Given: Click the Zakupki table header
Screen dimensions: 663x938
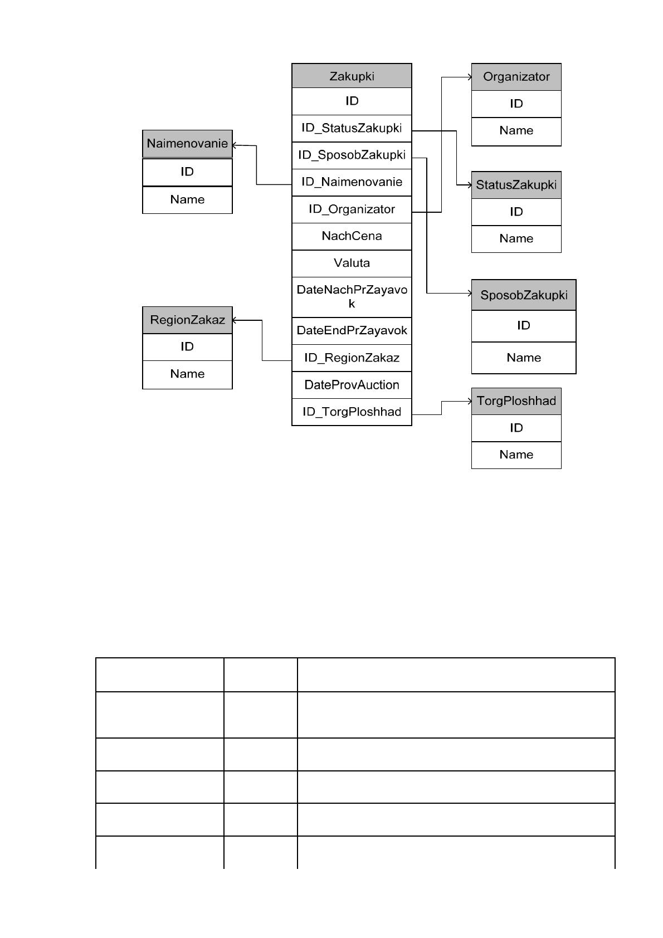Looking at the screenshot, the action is (352, 76).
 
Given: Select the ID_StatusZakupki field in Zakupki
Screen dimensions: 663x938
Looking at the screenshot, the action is (352, 128).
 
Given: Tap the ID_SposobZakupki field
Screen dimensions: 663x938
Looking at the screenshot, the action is (352, 155).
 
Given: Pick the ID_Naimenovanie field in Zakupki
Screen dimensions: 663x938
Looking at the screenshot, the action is (352, 182).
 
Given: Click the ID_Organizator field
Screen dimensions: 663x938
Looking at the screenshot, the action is (352, 209).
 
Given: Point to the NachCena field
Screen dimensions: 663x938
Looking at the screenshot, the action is (352, 236).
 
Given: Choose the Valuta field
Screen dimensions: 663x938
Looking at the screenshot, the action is (352, 263).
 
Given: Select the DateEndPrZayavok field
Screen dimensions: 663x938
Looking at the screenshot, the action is (352, 331).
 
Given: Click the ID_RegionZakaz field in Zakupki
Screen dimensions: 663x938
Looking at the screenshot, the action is (352, 358).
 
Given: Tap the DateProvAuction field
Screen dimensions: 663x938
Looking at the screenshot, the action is (352, 385).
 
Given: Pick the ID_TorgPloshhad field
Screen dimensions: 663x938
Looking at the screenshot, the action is (352, 412).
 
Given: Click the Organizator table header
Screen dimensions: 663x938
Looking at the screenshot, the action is (516, 77).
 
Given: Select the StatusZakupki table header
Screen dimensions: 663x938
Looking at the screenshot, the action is (516, 185).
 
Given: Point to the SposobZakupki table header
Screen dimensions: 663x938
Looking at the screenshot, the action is (524, 295).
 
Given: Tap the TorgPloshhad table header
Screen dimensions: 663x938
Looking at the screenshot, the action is (516, 401).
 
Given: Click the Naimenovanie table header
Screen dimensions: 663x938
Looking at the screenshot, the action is (187, 144).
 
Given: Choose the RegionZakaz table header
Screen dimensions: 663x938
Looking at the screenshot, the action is (187, 320).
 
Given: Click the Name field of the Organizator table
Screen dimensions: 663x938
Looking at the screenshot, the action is (516, 131).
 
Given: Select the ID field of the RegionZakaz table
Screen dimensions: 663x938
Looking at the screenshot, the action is (187, 346).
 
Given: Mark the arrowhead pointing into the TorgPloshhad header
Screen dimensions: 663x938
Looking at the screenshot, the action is (470, 401).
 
